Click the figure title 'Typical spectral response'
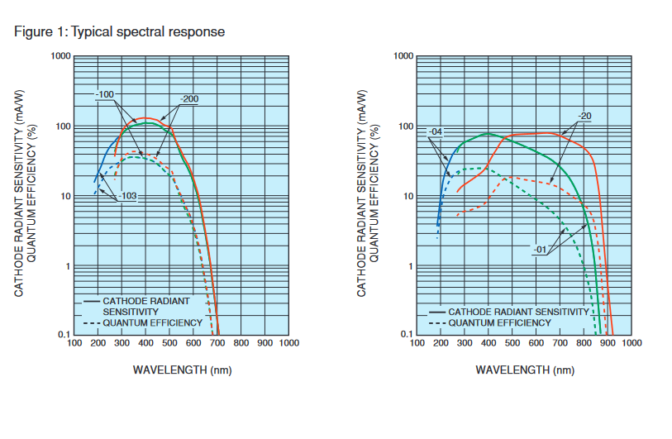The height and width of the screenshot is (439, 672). point(148,32)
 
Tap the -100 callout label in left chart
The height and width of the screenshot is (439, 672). point(104,94)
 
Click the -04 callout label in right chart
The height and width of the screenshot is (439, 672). point(437,131)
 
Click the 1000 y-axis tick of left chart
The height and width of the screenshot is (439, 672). point(60,56)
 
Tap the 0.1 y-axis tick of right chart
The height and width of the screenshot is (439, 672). point(405,335)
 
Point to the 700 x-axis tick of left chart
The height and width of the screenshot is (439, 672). point(217,342)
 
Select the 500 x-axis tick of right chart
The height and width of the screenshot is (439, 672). point(512,342)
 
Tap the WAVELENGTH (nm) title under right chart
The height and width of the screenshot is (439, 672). point(525,369)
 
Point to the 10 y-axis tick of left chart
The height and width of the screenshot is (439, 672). point(65,197)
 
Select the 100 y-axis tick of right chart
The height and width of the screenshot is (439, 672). point(405,126)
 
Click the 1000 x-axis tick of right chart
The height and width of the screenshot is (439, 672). point(632,342)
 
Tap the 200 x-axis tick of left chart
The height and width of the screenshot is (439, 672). point(98,342)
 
